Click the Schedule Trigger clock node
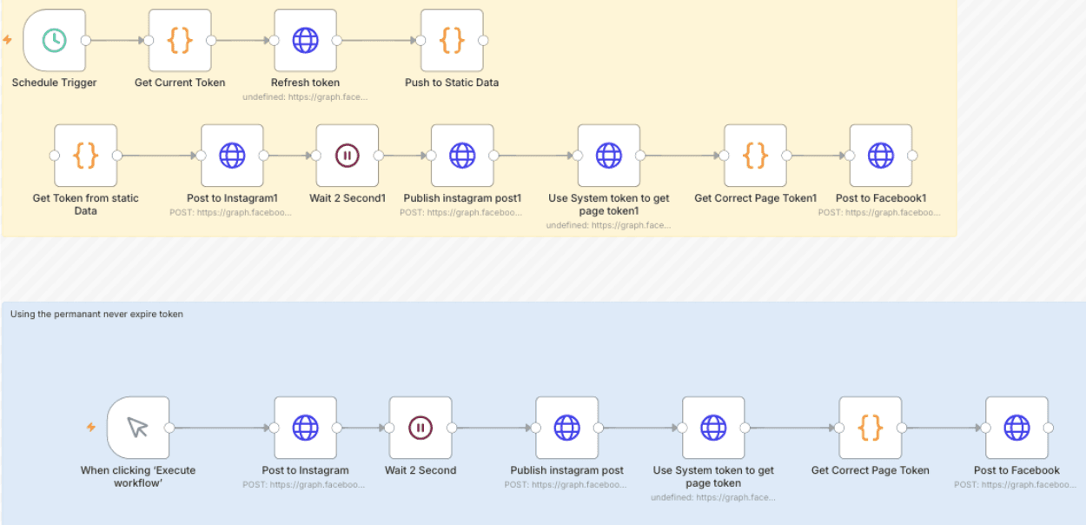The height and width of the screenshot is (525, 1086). (x=54, y=41)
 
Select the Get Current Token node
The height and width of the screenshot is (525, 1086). (x=180, y=41)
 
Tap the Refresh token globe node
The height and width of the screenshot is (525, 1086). (x=305, y=41)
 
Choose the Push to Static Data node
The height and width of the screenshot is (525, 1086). (x=452, y=41)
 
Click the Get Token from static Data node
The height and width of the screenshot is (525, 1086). (x=85, y=156)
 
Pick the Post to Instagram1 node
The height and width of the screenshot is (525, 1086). (x=232, y=156)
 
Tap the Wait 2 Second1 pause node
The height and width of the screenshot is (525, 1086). (x=347, y=156)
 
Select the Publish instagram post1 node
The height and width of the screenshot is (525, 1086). (x=462, y=156)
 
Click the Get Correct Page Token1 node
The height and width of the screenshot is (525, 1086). (x=755, y=156)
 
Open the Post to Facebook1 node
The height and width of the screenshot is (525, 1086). (x=881, y=156)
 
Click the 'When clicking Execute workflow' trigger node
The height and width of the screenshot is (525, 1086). (x=138, y=428)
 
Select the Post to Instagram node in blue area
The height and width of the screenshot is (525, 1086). (x=305, y=428)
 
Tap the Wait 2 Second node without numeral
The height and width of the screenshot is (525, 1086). (x=420, y=428)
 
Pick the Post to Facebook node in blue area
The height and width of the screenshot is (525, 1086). (x=1016, y=428)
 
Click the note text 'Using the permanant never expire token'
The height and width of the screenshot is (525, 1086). (x=96, y=314)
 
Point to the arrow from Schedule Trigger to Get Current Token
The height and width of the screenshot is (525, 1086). (x=117, y=41)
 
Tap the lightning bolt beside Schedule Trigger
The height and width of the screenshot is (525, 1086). (x=8, y=41)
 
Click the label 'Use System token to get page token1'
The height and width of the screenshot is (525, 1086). (x=608, y=204)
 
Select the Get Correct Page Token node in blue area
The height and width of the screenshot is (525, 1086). (x=870, y=428)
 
